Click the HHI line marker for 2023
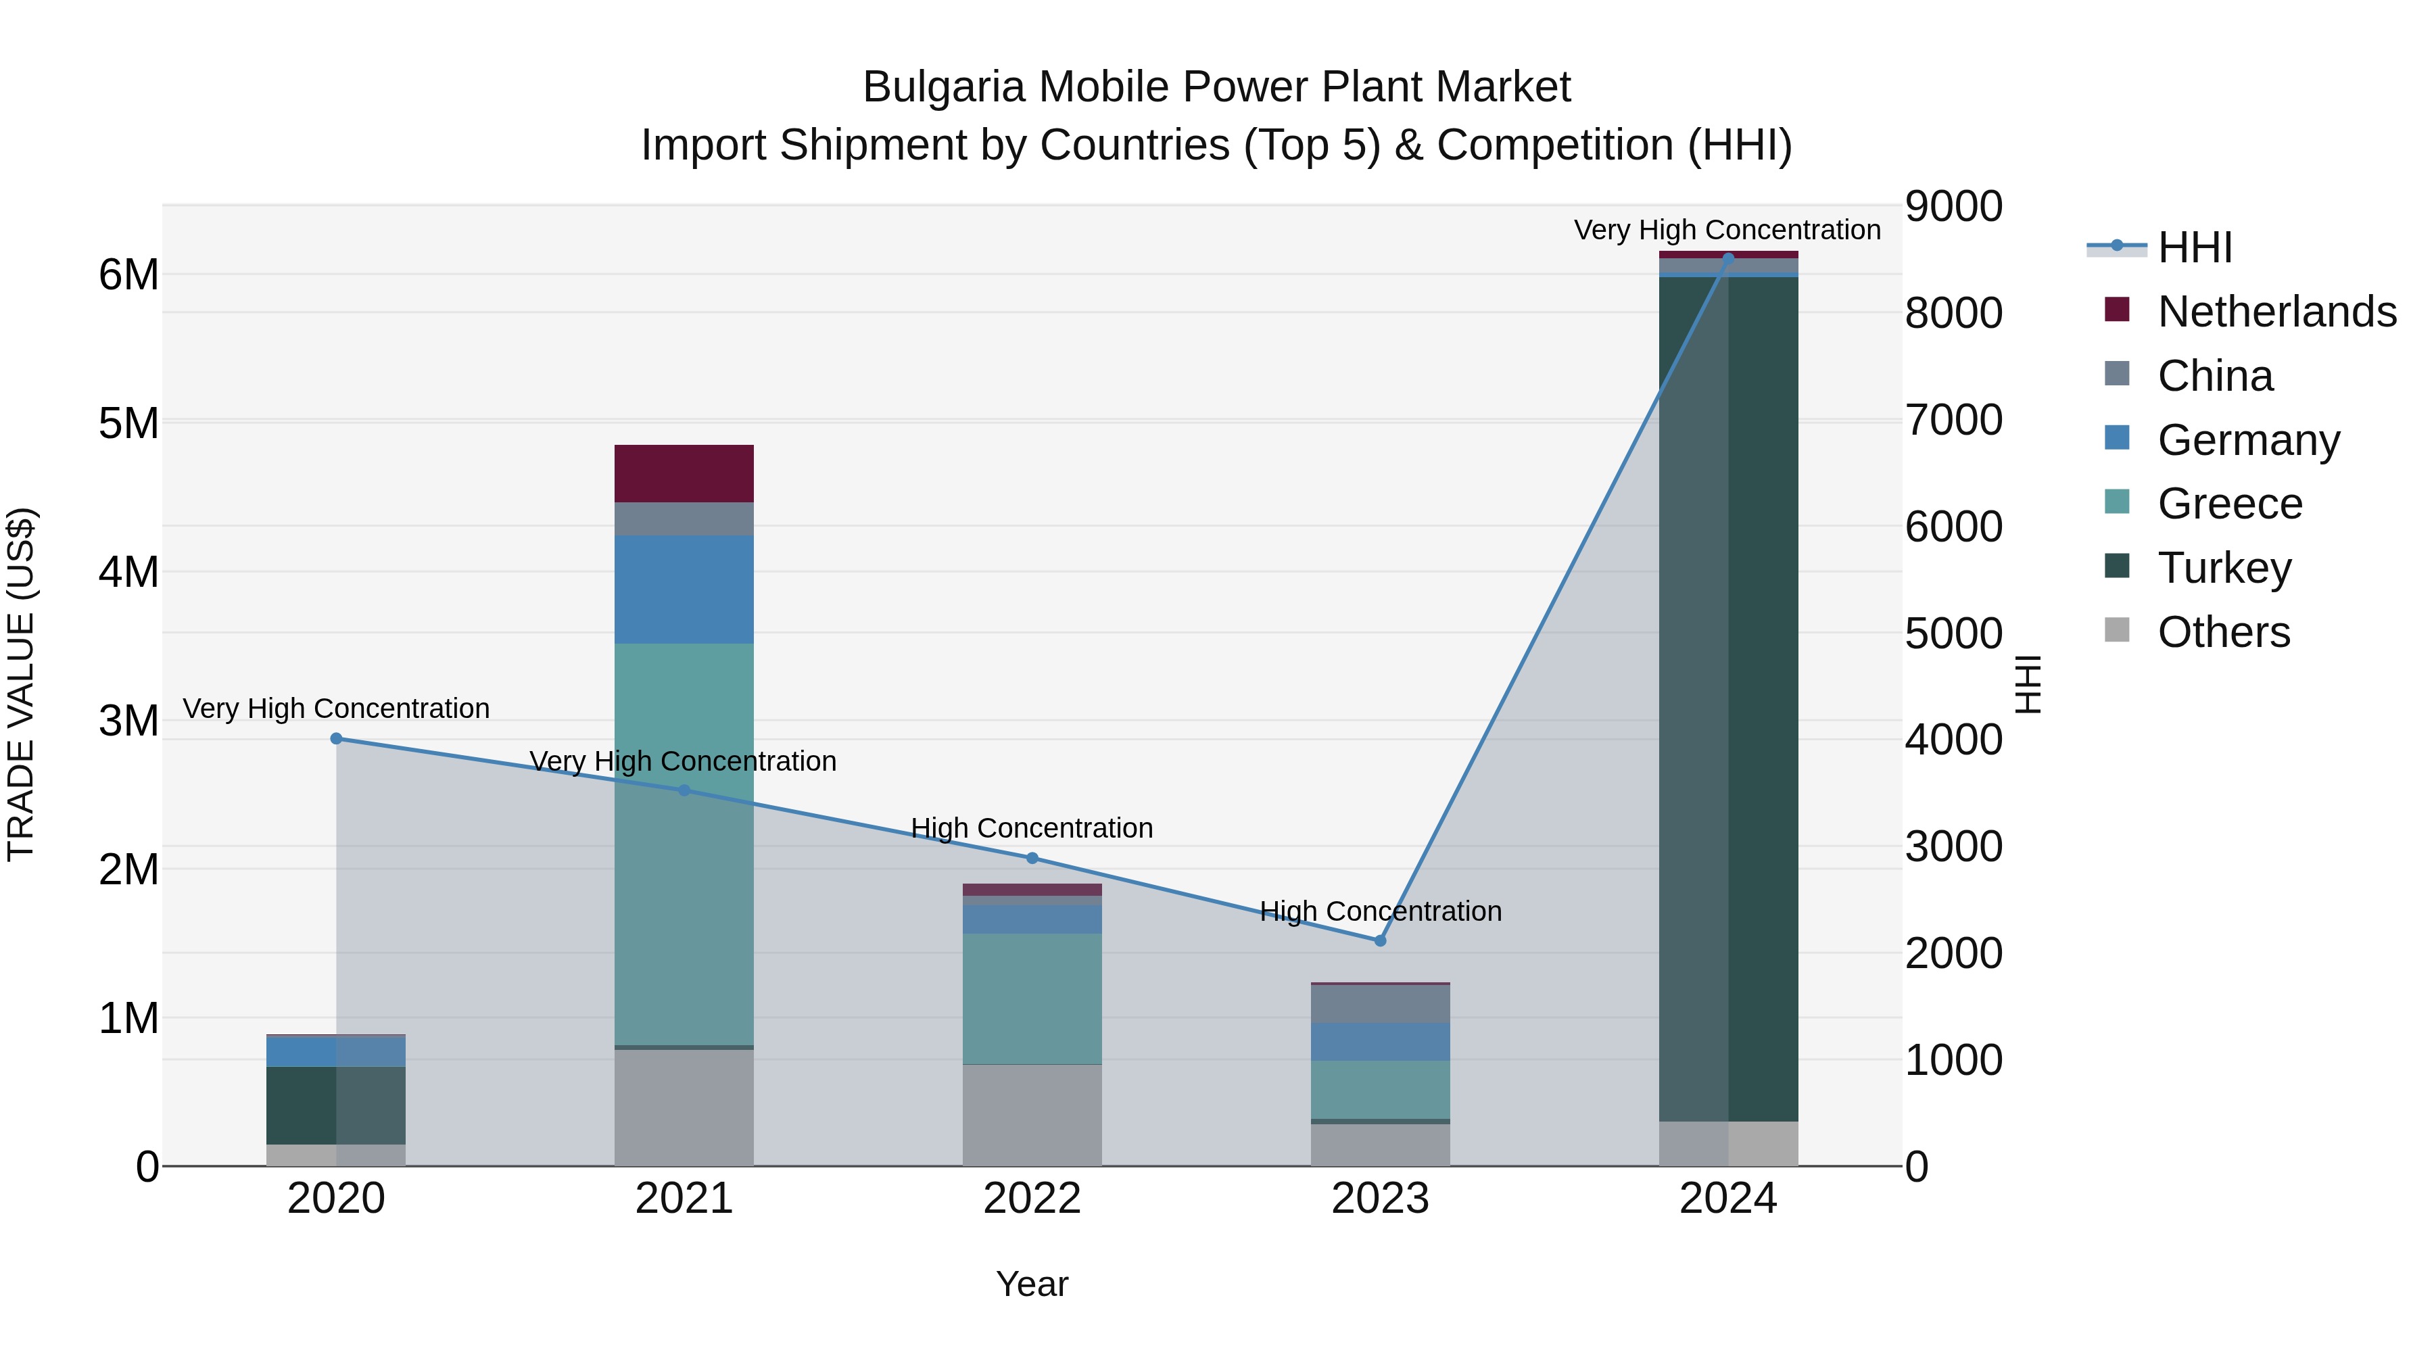coord(1379,940)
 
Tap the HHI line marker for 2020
coord(337,738)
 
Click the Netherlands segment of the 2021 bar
coord(684,473)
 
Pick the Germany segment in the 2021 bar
coord(684,589)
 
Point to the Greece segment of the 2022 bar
coord(1032,998)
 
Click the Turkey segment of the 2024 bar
coord(1728,699)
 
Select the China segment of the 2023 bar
coord(1379,1003)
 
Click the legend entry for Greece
coord(2229,504)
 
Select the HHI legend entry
coord(2194,247)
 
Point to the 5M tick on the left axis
coord(128,423)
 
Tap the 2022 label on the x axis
coord(1032,1199)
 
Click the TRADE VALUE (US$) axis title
coord(21,684)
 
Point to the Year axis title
coord(1032,1284)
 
